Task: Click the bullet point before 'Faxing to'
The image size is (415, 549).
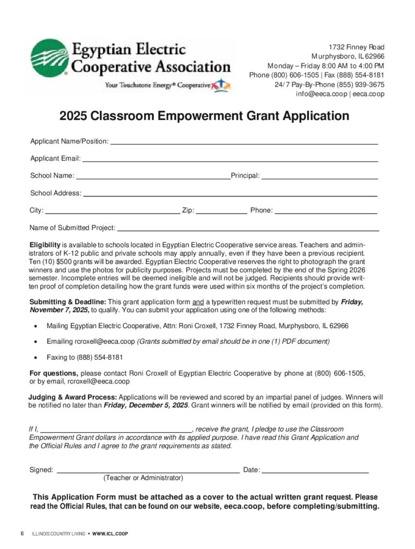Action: (x=35, y=358)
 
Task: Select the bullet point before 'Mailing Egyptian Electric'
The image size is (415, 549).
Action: (x=35, y=326)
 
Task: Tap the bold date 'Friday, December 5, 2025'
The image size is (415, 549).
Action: (x=145, y=405)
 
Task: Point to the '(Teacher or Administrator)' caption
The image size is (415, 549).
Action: (x=143, y=478)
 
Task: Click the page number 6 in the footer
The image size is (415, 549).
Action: (x=22, y=534)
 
